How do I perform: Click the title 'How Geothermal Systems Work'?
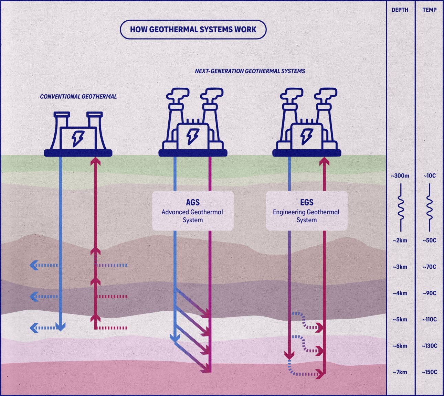coord(193,29)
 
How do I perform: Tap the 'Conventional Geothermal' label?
coord(78,97)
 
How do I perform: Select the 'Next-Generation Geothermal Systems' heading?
coord(250,71)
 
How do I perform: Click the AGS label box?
coord(193,211)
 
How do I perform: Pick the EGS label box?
coord(306,211)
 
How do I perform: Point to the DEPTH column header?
coord(400,10)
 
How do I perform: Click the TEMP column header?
coord(429,10)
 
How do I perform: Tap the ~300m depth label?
coord(400,176)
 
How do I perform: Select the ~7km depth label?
coord(400,372)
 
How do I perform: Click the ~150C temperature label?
coord(429,372)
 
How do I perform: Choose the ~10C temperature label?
coord(429,176)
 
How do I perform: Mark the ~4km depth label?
coord(400,293)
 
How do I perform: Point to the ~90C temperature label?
coord(429,293)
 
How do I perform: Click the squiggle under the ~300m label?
coord(401,207)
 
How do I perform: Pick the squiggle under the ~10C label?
coord(429,207)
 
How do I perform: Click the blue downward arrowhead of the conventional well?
coord(60,327)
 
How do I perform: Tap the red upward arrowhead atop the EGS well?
coord(324,161)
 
